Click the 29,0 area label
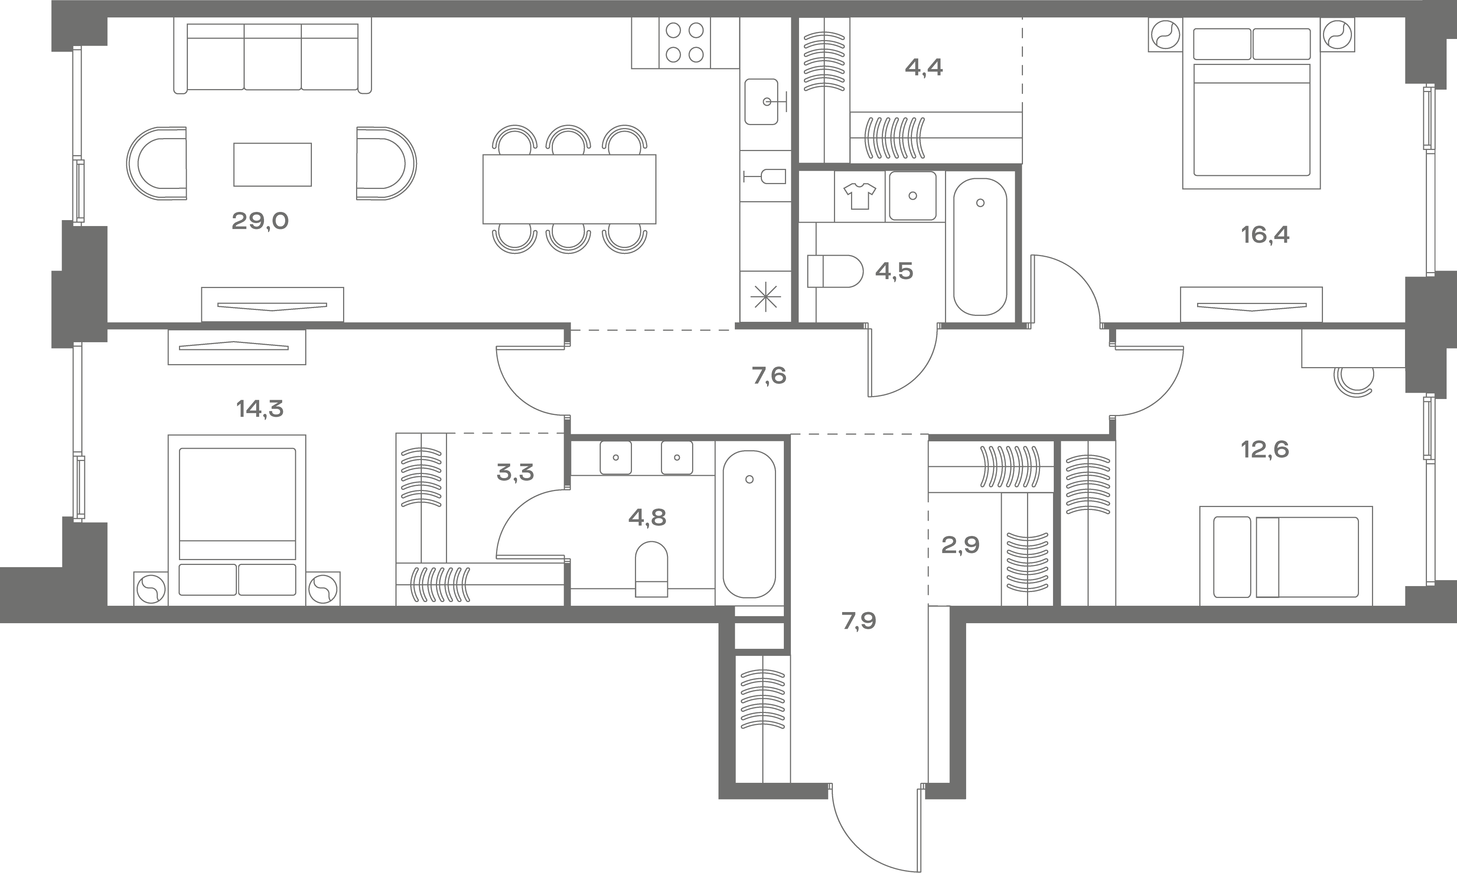260,221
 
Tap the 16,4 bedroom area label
1265,235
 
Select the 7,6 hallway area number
769,375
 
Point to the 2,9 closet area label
960,545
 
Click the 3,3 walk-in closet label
515,472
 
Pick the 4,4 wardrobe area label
924,68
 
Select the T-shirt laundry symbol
860,195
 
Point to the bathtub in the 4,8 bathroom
749,524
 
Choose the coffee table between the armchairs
273,165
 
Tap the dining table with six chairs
569,189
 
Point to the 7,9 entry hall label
859,621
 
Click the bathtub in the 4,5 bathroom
980,247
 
